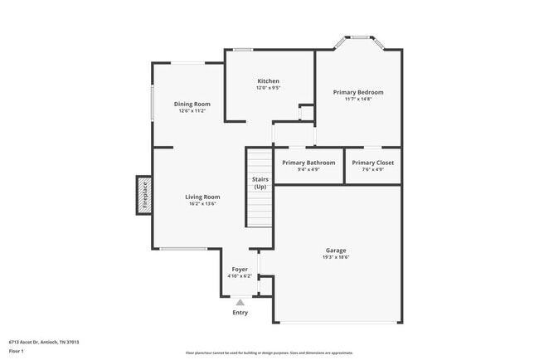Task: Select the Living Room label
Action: (x=202, y=197)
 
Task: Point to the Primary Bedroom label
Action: (x=358, y=92)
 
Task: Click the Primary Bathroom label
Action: (x=308, y=163)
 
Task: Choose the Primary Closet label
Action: (x=372, y=163)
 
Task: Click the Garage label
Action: (x=336, y=250)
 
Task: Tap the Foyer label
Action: (x=240, y=270)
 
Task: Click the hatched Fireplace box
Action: (x=144, y=194)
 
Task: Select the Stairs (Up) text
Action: (x=260, y=183)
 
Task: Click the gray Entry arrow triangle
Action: (x=240, y=303)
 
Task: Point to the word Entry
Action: (x=240, y=313)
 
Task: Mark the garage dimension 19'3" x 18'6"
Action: (x=336, y=257)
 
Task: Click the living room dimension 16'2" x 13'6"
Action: (x=202, y=204)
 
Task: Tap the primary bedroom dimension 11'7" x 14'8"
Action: (x=358, y=99)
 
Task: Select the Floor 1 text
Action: (x=17, y=352)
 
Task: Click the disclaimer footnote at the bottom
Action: (x=269, y=353)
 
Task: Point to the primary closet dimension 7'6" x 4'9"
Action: (x=372, y=169)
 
